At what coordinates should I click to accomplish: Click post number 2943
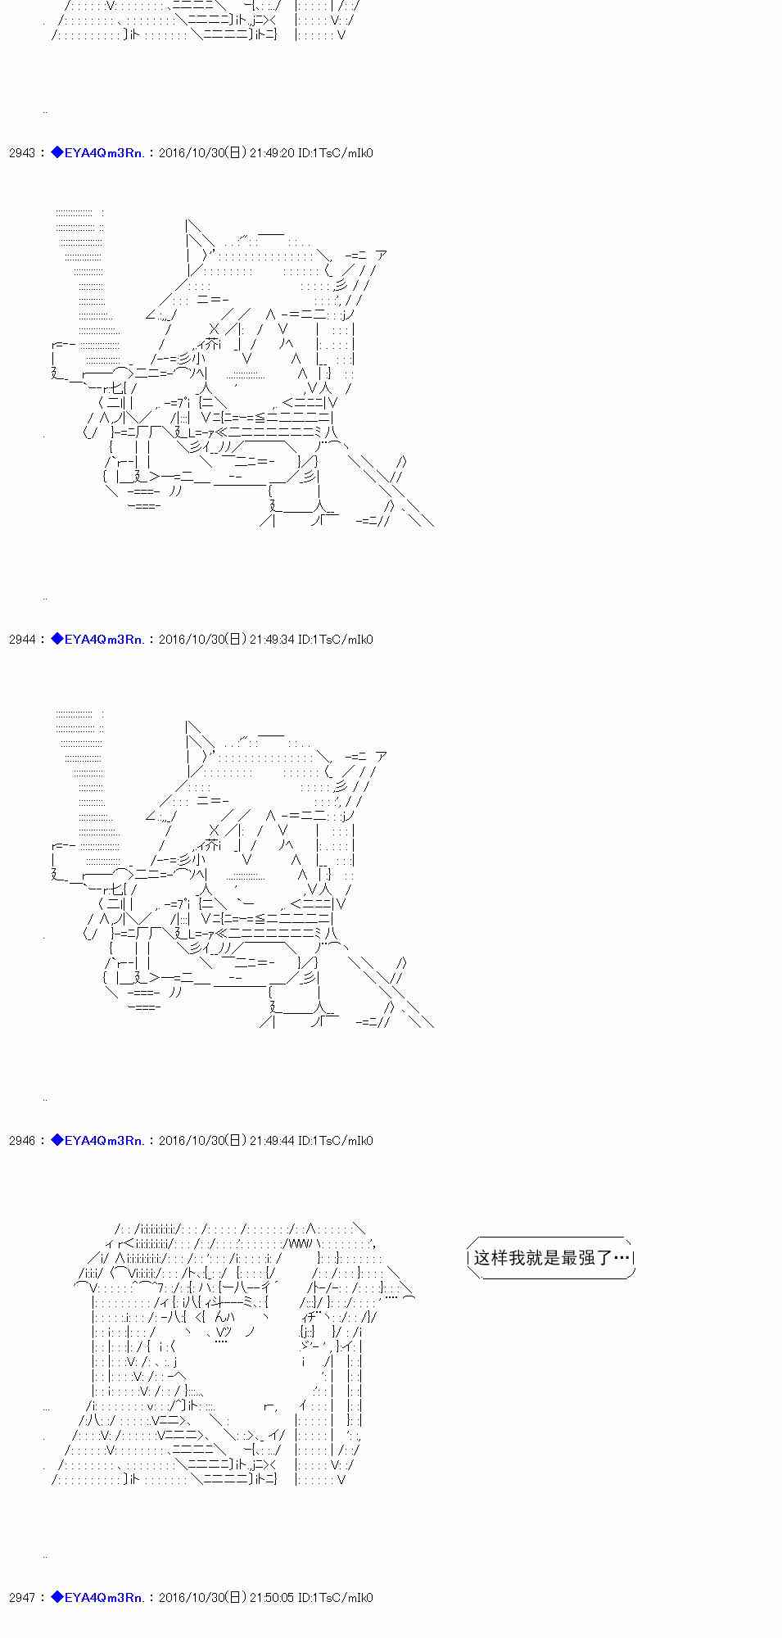[x=22, y=153]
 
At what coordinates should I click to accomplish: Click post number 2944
[x=22, y=640]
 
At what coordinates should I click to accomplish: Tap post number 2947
[x=22, y=1597]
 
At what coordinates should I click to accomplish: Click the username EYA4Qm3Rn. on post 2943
[x=104, y=153]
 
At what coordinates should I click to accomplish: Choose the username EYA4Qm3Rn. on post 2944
[x=104, y=640]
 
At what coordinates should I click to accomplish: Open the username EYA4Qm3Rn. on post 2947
[x=104, y=1597]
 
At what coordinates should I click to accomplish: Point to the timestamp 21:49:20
[x=272, y=153]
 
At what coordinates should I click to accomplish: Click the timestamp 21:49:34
[x=272, y=640]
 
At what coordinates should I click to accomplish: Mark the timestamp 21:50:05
[x=272, y=1597]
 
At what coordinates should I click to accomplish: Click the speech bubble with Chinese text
[x=551, y=1257]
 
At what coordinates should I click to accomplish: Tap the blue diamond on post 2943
[x=57, y=152]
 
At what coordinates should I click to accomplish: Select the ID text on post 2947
[x=336, y=1597]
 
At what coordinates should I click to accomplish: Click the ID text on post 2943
[x=336, y=153]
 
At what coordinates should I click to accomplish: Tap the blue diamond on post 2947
[x=57, y=1596]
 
